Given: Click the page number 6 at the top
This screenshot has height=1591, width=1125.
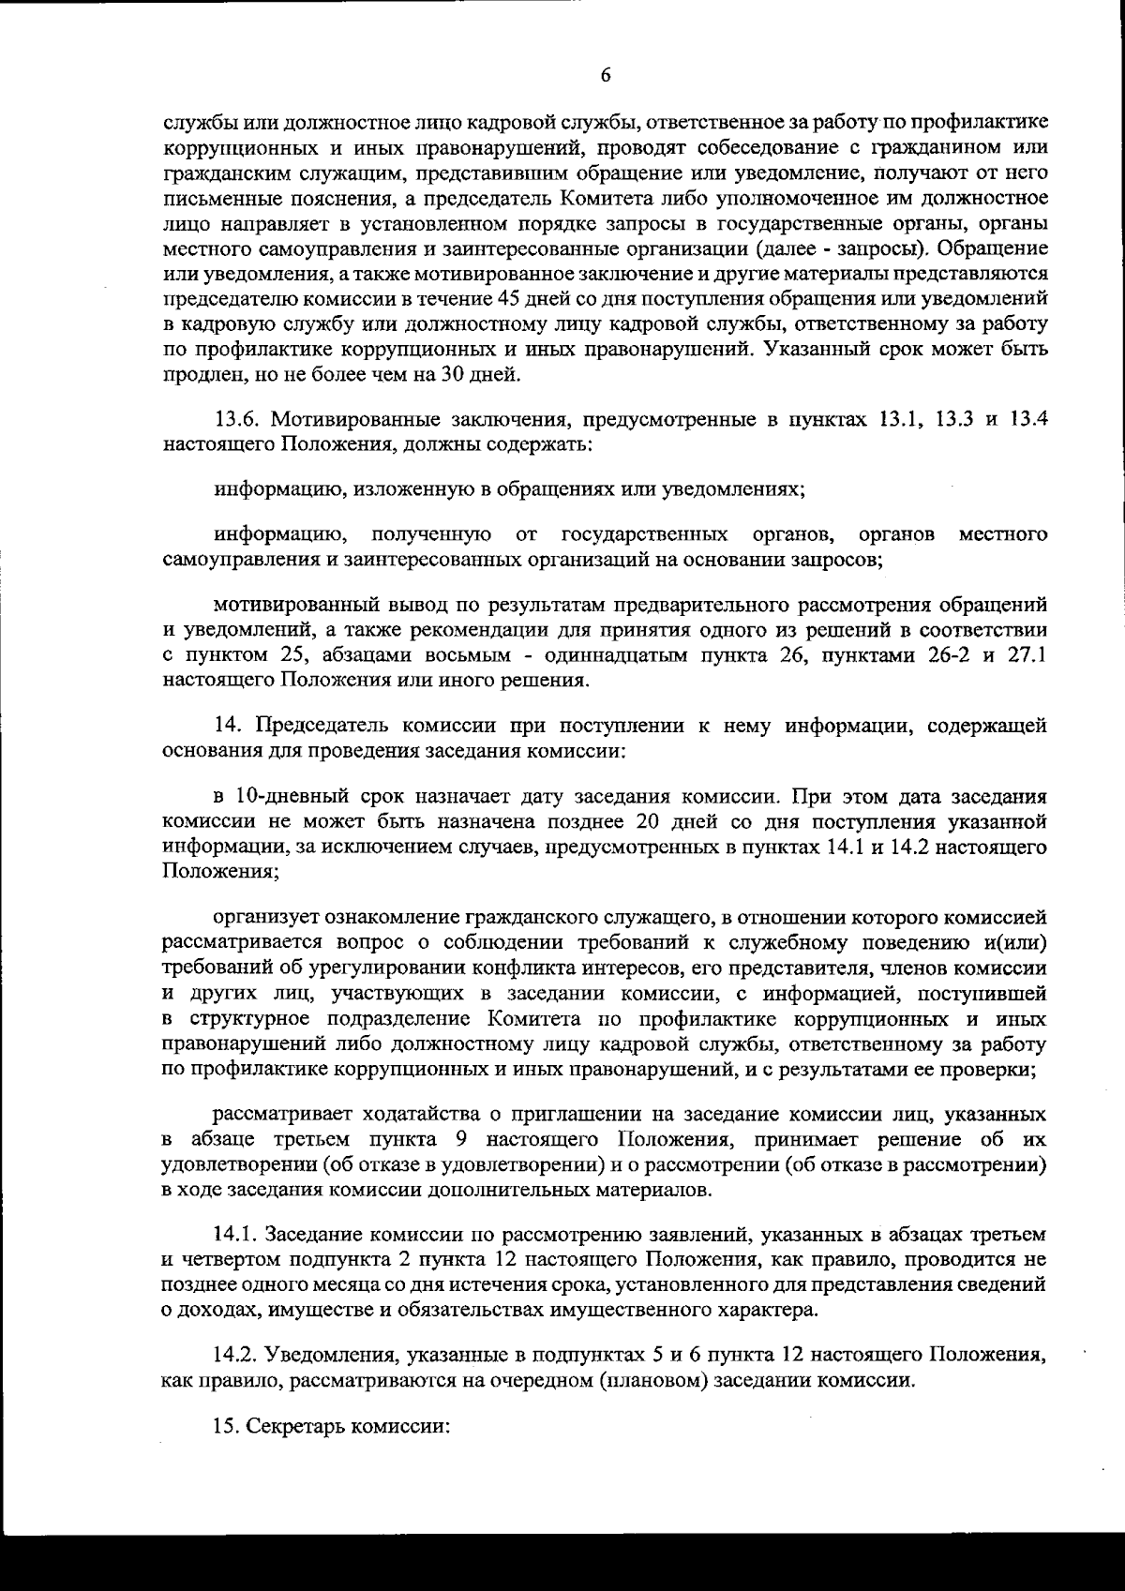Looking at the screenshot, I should pyautogui.click(x=605, y=75).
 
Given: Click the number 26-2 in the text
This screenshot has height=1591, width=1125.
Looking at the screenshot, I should pyautogui.click(x=941, y=654).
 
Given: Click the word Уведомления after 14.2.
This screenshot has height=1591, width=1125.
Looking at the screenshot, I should pyautogui.click(x=327, y=1355).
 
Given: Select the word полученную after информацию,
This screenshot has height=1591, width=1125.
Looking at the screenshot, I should pyautogui.click(x=433, y=535).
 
